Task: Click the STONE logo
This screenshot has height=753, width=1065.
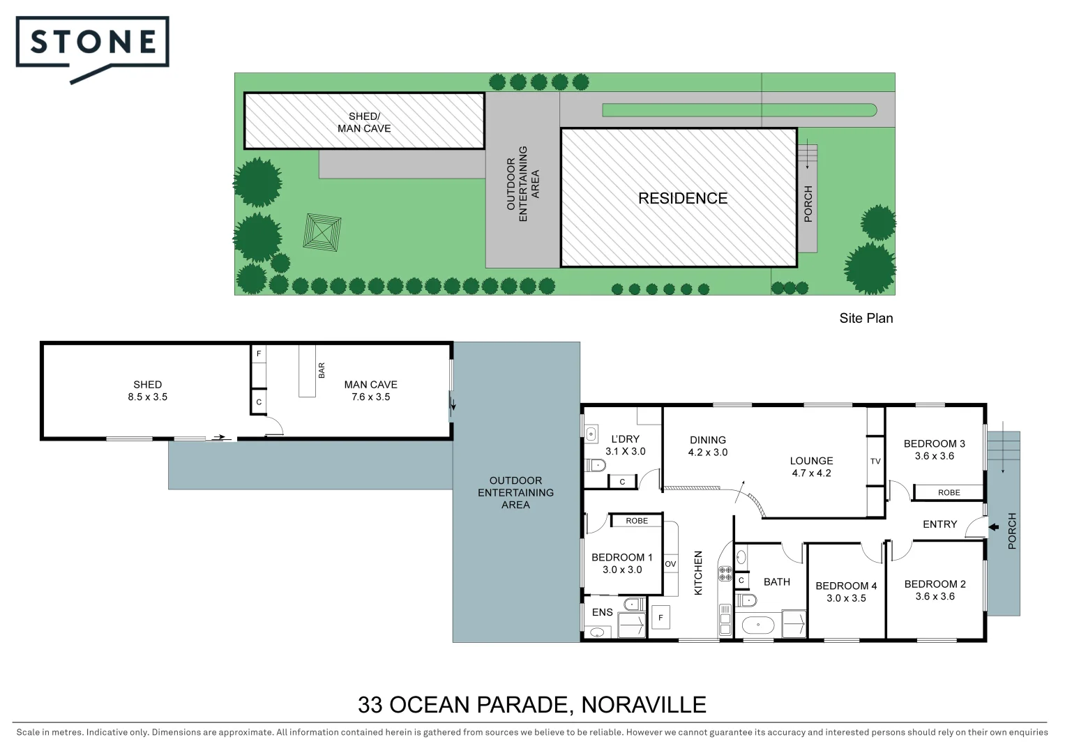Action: (x=92, y=44)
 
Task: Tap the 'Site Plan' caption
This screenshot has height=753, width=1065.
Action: (x=866, y=318)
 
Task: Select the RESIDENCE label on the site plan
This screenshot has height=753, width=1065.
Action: (x=682, y=199)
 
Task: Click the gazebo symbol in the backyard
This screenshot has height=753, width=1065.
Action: (x=322, y=233)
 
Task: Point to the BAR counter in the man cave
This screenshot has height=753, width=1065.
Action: (x=307, y=370)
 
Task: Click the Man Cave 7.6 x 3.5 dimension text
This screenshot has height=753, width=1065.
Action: (x=370, y=397)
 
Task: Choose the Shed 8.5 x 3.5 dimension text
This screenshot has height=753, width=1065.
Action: (x=147, y=397)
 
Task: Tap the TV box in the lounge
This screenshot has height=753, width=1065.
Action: (x=875, y=461)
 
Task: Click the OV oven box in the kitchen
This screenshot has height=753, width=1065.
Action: (x=670, y=564)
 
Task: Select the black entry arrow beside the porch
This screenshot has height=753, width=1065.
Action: (x=993, y=527)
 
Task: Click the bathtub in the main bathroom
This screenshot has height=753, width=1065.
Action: (x=757, y=625)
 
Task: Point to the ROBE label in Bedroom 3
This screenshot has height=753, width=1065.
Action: (x=949, y=492)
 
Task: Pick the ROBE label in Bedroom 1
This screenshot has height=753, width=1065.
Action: (x=636, y=521)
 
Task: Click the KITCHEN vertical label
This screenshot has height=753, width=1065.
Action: (x=698, y=572)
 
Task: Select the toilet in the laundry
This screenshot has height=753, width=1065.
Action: (x=595, y=465)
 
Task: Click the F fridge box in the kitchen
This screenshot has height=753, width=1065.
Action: (x=660, y=617)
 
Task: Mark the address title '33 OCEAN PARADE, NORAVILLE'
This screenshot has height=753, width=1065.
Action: (x=531, y=705)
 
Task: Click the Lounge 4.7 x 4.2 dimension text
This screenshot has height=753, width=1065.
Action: (x=811, y=473)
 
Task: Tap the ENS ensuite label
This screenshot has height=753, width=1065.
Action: (x=602, y=612)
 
